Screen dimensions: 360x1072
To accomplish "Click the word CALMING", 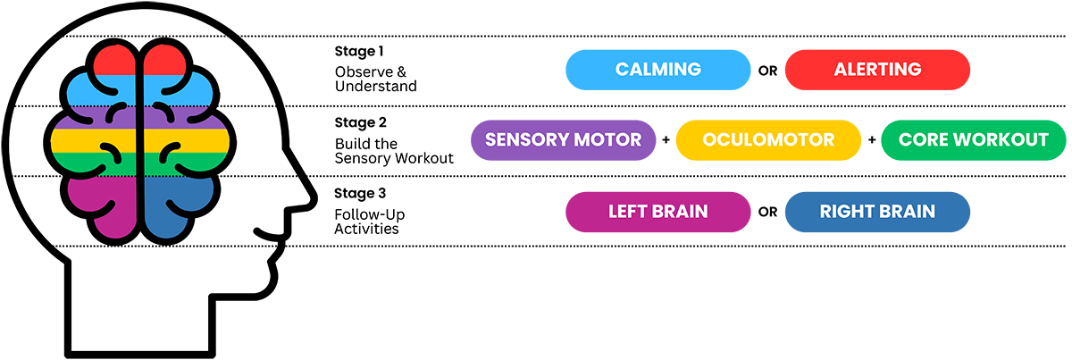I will point(658,70).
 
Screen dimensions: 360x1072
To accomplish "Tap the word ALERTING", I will point(877,70).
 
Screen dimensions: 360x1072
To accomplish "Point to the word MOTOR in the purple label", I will point(609,140).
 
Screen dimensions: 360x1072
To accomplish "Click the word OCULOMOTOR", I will point(768,140).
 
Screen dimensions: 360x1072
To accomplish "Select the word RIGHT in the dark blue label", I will point(845,212).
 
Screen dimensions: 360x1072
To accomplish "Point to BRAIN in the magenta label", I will point(681,212).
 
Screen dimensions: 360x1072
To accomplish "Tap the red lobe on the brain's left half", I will point(113,61).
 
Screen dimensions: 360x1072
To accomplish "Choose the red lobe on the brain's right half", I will point(165,61).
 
